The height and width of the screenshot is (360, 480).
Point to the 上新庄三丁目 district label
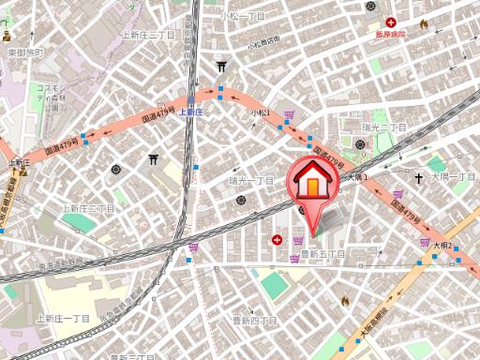[149, 35]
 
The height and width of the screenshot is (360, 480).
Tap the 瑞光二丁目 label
[384, 127]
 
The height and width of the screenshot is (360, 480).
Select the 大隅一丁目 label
[454, 177]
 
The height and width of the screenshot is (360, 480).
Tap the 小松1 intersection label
[260, 112]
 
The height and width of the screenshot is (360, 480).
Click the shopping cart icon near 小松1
[289, 117]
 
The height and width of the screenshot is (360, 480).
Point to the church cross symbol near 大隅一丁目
[419, 177]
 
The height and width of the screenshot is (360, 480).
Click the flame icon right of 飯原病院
[424, 23]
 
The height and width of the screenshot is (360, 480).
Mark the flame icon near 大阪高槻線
[345, 301]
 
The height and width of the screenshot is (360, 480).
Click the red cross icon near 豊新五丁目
[277, 240]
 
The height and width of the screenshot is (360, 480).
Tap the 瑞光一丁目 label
[251, 180]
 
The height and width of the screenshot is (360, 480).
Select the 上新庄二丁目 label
[91, 208]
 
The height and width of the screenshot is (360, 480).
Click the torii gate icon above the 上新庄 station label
[221, 66]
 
